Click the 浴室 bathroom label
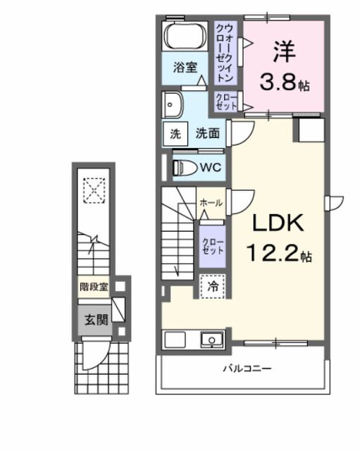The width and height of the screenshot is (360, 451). point(186,69)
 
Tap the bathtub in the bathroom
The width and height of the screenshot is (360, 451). point(185,36)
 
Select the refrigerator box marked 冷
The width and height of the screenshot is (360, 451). point(211,286)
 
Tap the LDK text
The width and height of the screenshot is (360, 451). point(278,224)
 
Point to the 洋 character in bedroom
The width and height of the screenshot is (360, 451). point(284,51)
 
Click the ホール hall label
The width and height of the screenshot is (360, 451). point(211,202)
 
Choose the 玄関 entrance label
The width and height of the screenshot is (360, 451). point(97,319)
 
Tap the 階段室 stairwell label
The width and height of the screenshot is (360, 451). point(93,287)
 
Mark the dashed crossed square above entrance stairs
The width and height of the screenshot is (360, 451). point(92,190)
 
